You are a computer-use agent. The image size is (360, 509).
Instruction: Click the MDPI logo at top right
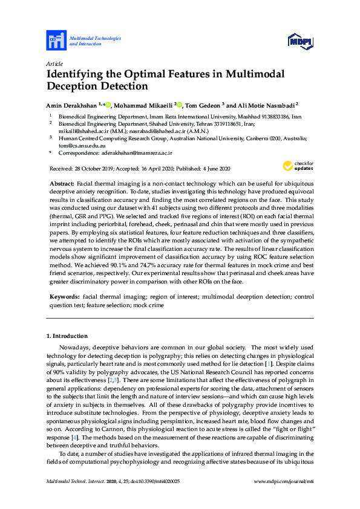[x=300, y=41]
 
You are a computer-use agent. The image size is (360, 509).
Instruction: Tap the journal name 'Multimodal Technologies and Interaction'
[x=95, y=41]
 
